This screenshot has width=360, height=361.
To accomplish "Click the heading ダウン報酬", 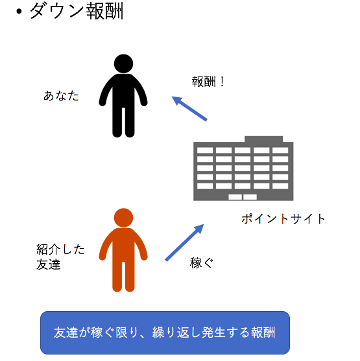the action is [77, 11].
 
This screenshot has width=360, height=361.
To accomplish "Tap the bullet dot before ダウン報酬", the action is [19, 12].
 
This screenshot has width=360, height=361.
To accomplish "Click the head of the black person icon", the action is [123, 64].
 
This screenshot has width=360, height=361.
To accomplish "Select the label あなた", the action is [61, 96].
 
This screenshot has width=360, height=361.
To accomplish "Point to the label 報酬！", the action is [208, 82].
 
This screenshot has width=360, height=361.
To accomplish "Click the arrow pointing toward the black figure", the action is [189, 108].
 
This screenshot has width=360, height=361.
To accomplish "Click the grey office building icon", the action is [243, 169].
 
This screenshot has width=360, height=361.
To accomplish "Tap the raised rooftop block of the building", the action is [263, 139].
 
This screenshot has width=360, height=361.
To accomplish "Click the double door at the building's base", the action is [243, 197].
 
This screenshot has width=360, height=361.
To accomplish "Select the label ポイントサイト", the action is [283, 218].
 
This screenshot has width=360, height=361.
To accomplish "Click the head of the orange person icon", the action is [123, 218].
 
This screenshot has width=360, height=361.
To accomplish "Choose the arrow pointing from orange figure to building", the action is [184, 242].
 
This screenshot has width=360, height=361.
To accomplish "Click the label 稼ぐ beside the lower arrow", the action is [202, 262].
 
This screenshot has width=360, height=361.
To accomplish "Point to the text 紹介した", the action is [60, 250].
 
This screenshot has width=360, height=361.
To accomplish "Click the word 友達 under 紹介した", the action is [49, 264].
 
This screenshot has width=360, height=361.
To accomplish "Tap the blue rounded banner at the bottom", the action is [165, 332].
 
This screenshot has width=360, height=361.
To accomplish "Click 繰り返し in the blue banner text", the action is [176, 332].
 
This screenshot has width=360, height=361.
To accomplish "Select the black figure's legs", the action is [123, 122].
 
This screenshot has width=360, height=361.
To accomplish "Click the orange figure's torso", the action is [123, 244].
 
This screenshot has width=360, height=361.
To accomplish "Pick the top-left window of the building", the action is [205, 150].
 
